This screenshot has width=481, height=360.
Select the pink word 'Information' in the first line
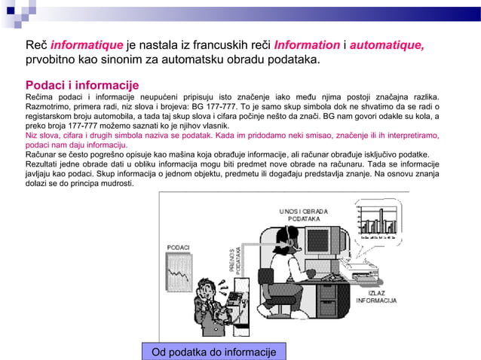pos(308,45)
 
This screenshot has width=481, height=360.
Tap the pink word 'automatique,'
pos(387,45)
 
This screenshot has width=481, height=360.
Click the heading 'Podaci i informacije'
pos(82,84)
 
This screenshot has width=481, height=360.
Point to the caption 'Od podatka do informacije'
pos(214,352)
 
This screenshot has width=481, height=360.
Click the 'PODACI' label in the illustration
pos(178,247)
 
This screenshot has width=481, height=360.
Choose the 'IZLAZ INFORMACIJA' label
pos(377,296)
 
